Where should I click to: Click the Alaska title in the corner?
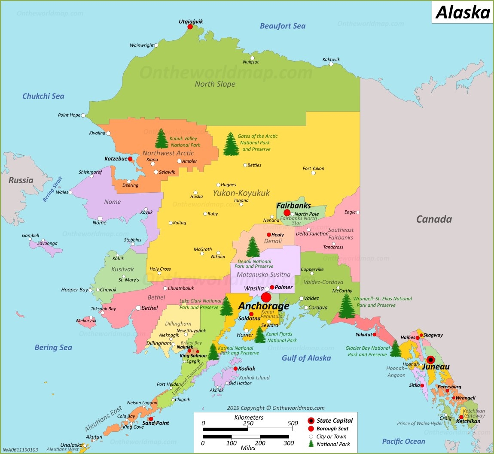pyautogui.click(x=463, y=12)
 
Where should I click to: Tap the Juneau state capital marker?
pyautogui.click(x=430, y=360)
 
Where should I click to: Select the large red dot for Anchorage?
pyautogui.click(x=266, y=297)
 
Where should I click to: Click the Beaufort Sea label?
pyautogui.click(x=283, y=26)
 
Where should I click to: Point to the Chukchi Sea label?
pyautogui.click(x=43, y=96)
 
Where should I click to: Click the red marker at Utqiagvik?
pyautogui.click(x=190, y=27)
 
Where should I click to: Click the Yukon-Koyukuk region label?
pyautogui.click(x=241, y=193)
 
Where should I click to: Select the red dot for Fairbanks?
pyautogui.click(x=287, y=213)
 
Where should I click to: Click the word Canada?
pyautogui.click(x=434, y=219)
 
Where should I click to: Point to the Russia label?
pyautogui.click(x=21, y=180)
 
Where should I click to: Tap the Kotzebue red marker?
pyautogui.click(x=130, y=159)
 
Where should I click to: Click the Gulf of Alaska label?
pyautogui.click(x=306, y=358)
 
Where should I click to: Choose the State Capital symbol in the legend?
pyautogui.click(x=311, y=421)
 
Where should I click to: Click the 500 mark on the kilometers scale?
pyautogui.click(x=293, y=423)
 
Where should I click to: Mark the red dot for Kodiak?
pyautogui.click(x=235, y=369)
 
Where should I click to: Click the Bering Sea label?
pyautogui.click(x=53, y=348)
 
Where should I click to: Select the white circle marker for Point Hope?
pyautogui.click(x=83, y=115)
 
